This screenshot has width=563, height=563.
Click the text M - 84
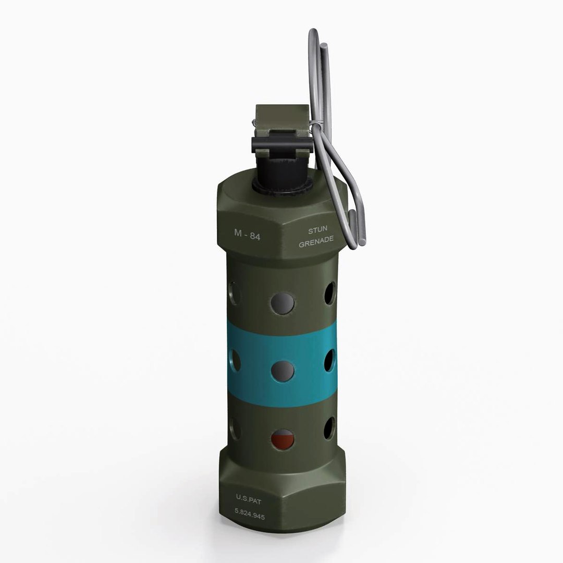point(247,235)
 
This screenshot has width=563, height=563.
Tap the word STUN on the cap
point(317,229)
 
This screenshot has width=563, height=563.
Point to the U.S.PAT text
point(249,498)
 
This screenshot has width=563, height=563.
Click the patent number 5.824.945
point(249,517)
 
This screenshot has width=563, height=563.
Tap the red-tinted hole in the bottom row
point(283,439)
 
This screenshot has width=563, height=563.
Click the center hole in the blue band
point(283,370)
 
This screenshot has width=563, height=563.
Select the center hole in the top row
point(283,303)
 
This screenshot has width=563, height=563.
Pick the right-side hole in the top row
point(330,293)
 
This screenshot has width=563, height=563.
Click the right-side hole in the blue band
point(330,360)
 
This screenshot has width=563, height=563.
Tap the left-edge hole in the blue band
point(234,360)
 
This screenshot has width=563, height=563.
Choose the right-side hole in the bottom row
point(330,428)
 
